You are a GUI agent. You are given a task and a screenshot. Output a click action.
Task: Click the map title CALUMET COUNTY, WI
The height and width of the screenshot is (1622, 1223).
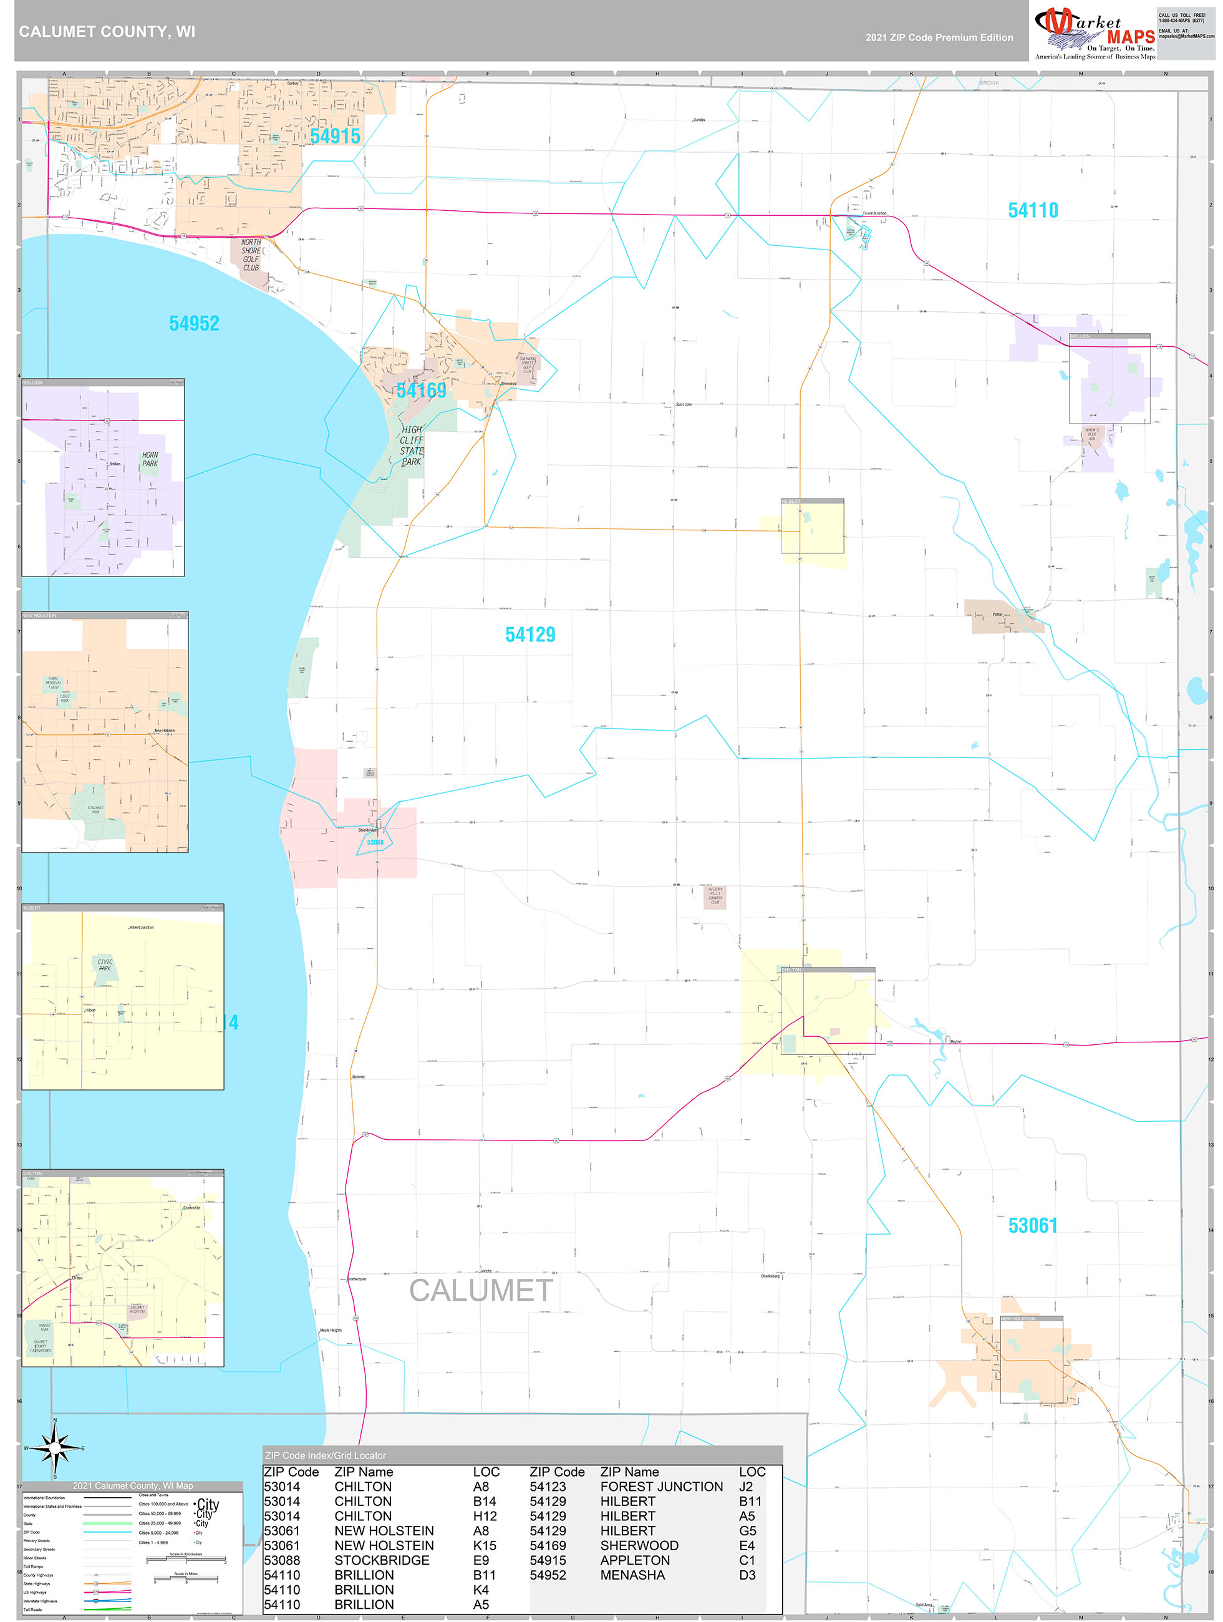pos(107,32)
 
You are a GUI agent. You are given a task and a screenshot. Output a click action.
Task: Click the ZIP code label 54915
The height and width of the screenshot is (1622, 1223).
pos(335,137)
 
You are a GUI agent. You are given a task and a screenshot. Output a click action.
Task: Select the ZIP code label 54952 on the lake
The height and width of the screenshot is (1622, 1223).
pos(195,323)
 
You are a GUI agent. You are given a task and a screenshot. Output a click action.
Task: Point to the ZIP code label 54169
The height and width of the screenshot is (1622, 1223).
pos(421,390)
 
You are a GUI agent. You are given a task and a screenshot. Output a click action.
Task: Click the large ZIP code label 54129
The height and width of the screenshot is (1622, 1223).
pos(530,635)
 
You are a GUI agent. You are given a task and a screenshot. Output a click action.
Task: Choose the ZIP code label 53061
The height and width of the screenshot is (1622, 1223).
pos(1032,1225)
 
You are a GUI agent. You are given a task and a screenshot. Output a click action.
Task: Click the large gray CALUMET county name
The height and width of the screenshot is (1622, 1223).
pos(481,1291)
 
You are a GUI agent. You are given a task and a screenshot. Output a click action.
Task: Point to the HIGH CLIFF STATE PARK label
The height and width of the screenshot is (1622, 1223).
pos(412,446)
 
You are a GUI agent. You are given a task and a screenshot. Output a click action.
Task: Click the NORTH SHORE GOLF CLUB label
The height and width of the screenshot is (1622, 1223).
pos(251,255)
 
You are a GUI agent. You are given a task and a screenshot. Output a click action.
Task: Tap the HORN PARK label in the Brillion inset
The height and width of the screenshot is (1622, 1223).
pos(150,459)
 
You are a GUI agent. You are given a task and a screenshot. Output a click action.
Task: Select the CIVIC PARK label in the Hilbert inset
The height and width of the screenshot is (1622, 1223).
pos(105,964)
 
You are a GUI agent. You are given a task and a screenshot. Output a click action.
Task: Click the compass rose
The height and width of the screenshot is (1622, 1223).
pos(55,1448)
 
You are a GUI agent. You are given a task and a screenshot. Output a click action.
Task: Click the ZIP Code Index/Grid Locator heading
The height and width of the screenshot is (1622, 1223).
pos(326,1455)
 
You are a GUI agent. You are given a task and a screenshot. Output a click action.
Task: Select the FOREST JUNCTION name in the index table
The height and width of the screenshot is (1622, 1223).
pos(661,1487)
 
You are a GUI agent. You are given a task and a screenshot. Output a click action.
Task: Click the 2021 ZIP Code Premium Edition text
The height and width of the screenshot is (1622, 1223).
pos(939,37)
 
